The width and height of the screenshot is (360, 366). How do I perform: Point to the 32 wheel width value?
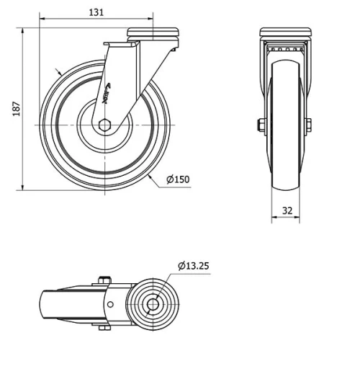(x=287, y=211)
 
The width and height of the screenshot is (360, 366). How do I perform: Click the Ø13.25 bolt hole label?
(x=193, y=266)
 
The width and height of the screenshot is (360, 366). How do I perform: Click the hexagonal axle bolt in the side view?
(x=105, y=125)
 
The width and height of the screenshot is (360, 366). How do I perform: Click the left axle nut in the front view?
(x=260, y=125)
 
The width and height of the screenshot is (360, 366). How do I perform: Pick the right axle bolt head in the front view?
(x=309, y=125)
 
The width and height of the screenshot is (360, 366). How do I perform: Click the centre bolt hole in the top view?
(x=153, y=305)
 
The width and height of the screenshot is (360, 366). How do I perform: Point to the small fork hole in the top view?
(x=111, y=305)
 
